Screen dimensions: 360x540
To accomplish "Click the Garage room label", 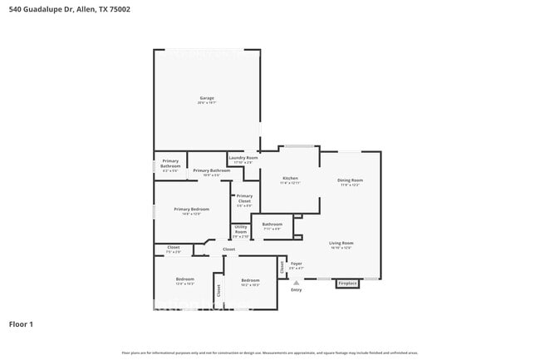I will [x=207, y=97].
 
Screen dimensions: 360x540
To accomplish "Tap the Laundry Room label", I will [x=243, y=157].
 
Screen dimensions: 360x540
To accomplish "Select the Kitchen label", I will [x=290, y=178].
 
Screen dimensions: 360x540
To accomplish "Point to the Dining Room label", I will [x=350, y=180].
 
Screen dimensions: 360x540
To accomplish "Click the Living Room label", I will [x=341, y=243].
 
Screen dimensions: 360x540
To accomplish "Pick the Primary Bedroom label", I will [x=191, y=209].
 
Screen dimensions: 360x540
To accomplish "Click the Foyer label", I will [x=296, y=264].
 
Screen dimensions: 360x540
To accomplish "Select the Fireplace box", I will [x=347, y=284].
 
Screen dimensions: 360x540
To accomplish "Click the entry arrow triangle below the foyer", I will [x=296, y=282].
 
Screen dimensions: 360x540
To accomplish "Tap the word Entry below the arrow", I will [x=296, y=289].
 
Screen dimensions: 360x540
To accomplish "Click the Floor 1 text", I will [x=21, y=323].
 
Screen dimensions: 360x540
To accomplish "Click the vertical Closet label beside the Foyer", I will [x=282, y=268].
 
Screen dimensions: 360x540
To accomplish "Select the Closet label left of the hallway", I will [x=174, y=247].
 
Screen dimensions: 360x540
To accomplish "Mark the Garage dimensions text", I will [x=207, y=103].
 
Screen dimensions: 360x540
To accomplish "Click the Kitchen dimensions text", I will [x=290, y=183].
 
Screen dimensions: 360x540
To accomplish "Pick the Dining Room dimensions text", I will [x=350, y=185].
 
